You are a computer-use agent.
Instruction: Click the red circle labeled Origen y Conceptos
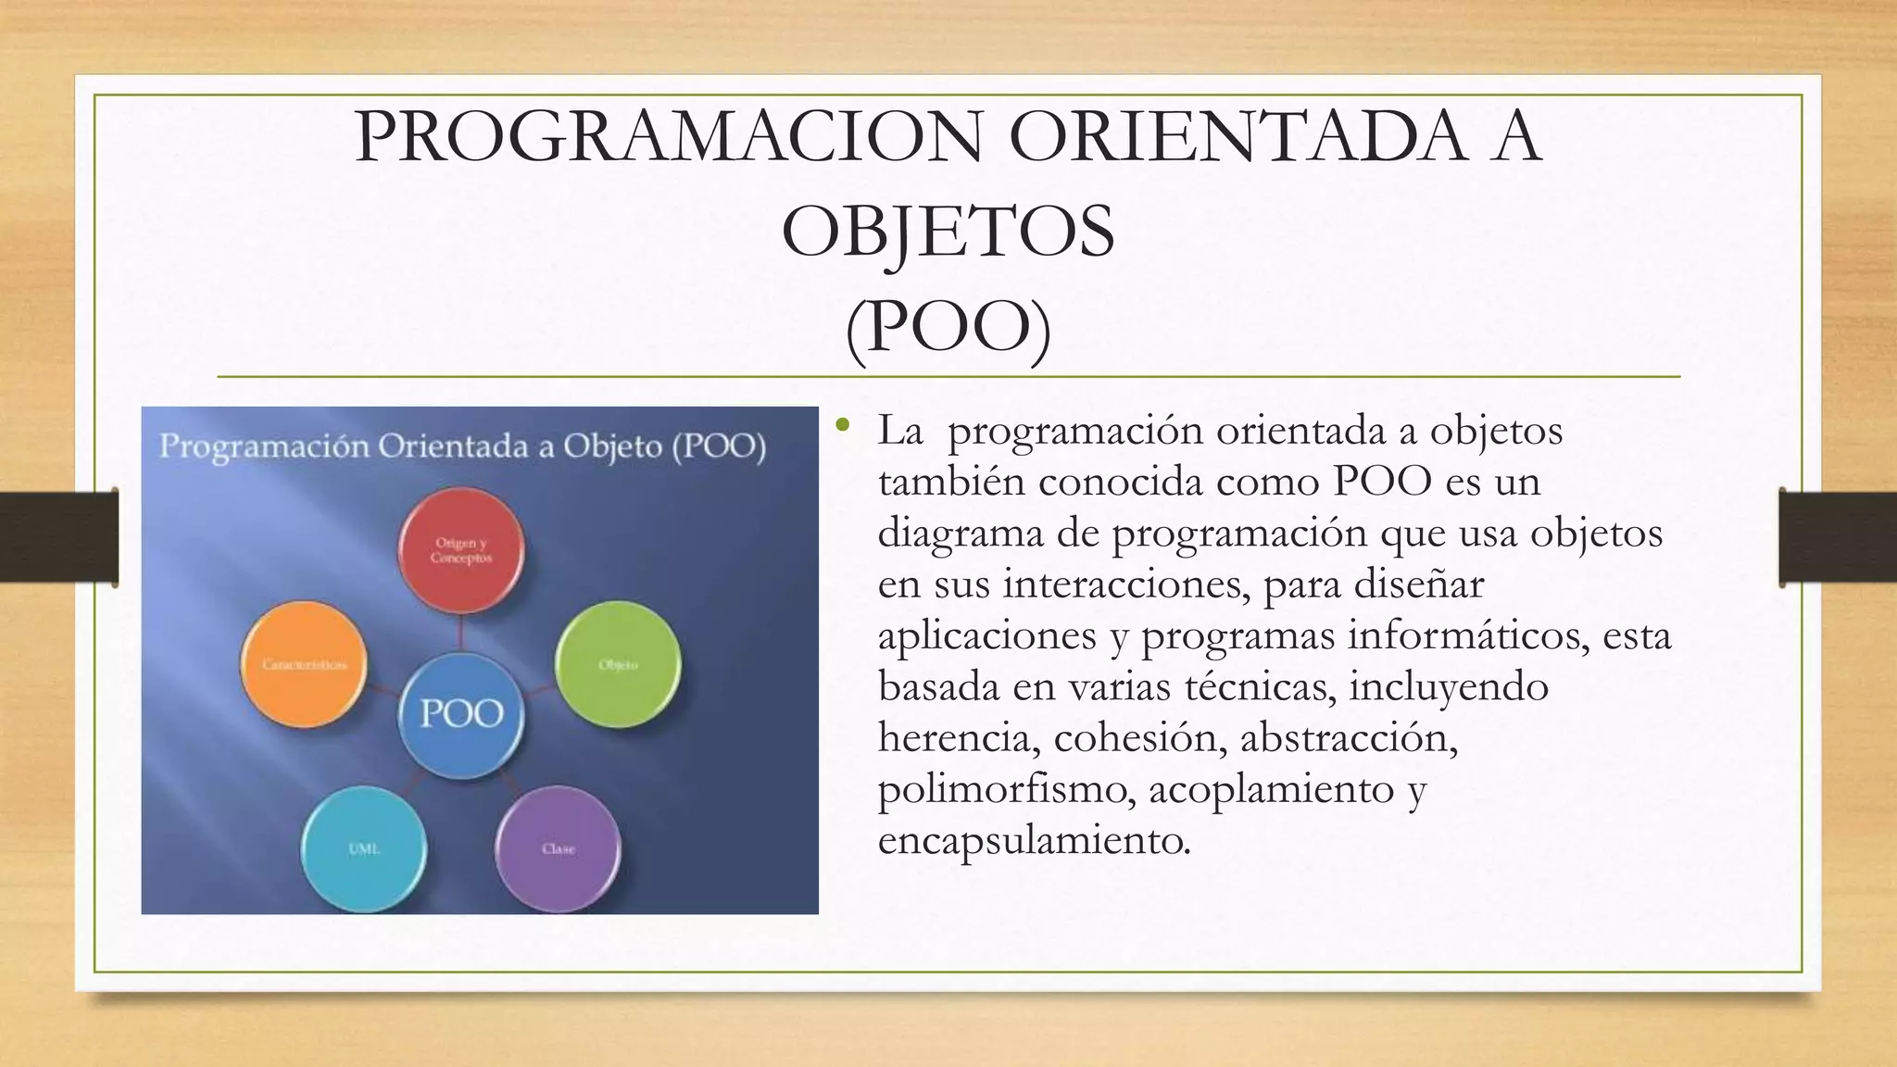(x=461, y=550)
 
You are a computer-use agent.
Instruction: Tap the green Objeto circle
(x=618, y=663)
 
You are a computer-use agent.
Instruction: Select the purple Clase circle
(x=558, y=847)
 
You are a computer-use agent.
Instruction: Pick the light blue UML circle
(x=364, y=847)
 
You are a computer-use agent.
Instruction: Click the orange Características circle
(x=304, y=663)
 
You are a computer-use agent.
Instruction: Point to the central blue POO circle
(x=461, y=714)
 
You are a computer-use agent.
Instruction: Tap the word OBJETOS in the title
(x=948, y=232)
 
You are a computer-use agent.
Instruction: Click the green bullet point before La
(x=841, y=425)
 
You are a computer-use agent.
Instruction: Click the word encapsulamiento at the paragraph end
(x=1033, y=841)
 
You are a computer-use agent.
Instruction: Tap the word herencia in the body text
(x=956, y=738)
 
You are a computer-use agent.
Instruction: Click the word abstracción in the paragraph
(x=1349, y=738)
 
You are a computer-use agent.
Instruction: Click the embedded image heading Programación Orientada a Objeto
(x=463, y=447)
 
